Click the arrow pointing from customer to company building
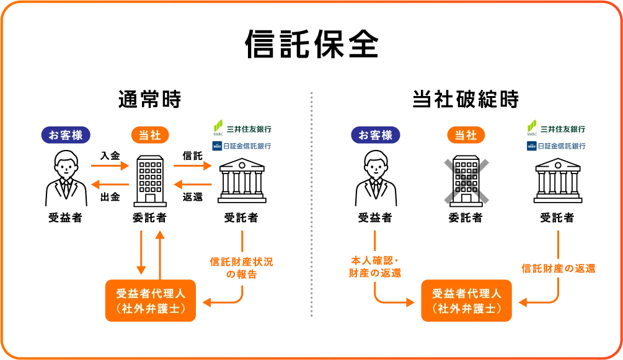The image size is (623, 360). pos(108,166)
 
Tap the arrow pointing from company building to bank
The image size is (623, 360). pos(192,166)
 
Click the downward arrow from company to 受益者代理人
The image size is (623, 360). pos(142,252)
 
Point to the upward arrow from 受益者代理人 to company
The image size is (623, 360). pos(161,252)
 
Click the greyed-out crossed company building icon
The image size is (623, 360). pos(466,180)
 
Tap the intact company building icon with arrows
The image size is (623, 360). pos(151,180)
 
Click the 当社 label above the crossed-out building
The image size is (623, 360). pos(466,135)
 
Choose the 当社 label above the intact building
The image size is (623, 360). pos(151,135)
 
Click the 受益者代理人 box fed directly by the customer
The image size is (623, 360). pos(466,301)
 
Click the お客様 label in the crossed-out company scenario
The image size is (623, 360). pos(376,135)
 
